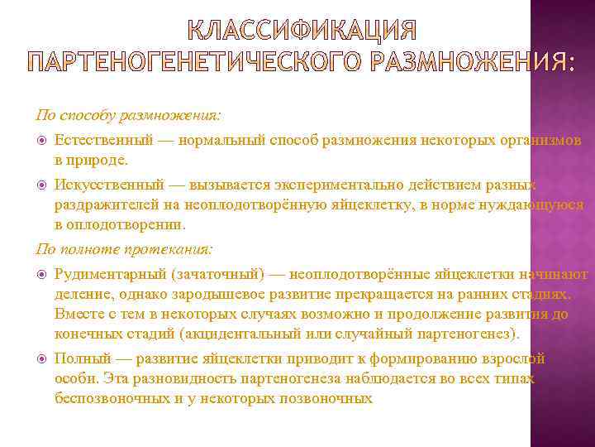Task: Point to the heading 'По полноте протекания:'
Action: [x=124, y=248]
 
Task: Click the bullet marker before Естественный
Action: [x=43, y=139]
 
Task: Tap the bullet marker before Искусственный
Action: [x=43, y=185]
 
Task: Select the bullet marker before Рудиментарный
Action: [x=43, y=274]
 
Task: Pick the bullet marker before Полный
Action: [x=43, y=358]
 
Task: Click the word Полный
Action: [x=79, y=358]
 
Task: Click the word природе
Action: [x=98, y=158]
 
